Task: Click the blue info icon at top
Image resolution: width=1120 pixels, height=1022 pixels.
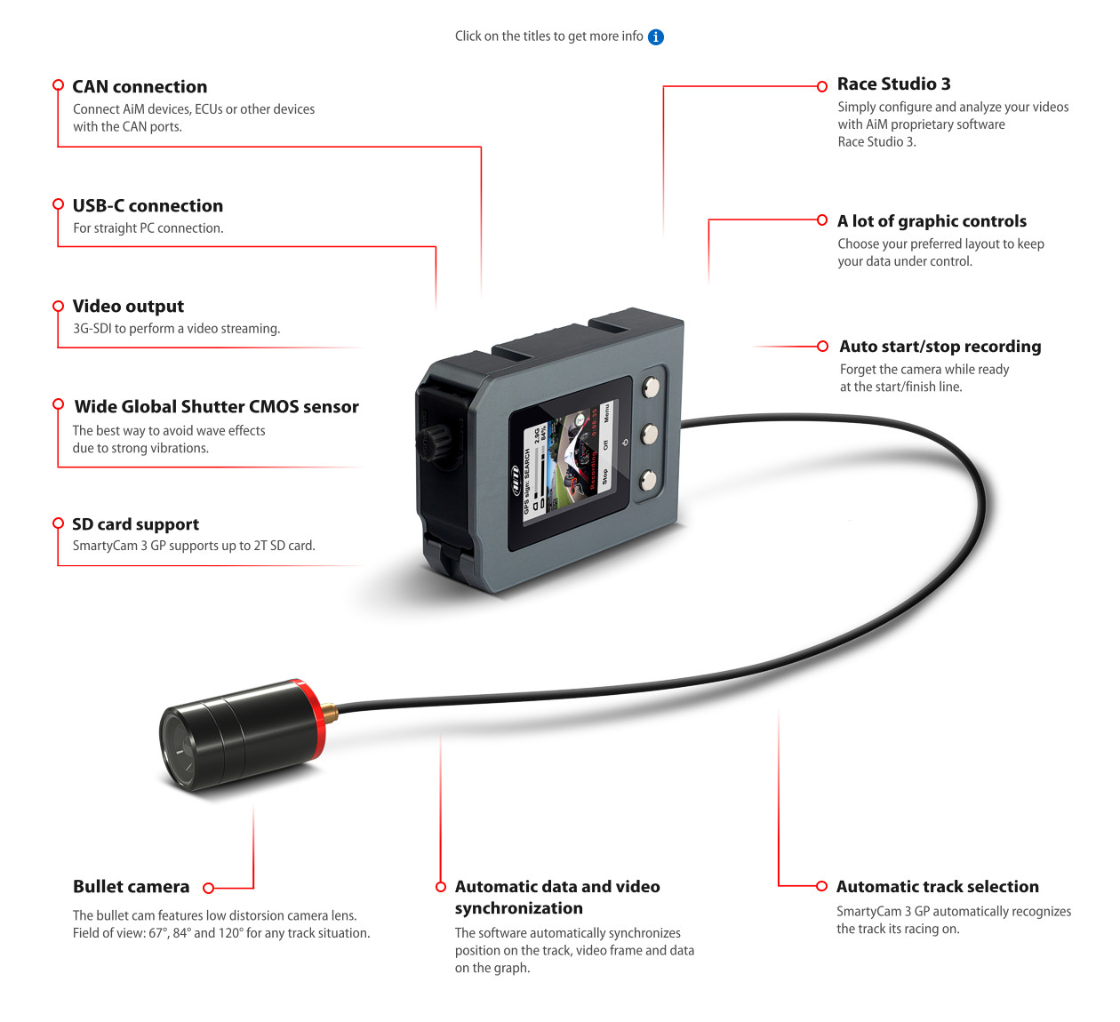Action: [x=656, y=36]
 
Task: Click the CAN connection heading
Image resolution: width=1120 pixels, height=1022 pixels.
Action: [x=140, y=86]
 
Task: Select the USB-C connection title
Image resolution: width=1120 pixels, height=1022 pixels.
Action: [x=148, y=205]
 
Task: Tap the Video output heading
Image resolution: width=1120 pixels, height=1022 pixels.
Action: [x=128, y=306]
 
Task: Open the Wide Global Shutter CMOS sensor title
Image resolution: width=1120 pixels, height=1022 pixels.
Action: [x=216, y=406]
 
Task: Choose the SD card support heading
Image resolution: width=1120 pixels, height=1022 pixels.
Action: [x=135, y=523]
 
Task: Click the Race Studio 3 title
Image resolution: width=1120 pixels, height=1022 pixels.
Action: [x=893, y=84]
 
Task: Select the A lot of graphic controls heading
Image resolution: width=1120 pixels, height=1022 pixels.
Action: [x=932, y=220]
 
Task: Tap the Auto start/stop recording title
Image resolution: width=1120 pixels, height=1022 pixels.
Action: [x=940, y=346]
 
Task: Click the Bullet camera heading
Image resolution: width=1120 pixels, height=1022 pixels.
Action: [x=131, y=886]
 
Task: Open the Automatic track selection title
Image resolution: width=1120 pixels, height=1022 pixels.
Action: [x=937, y=886]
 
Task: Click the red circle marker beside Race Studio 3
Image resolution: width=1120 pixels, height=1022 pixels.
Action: [x=822, y=86]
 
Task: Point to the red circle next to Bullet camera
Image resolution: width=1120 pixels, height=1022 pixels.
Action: [x=209, y=888]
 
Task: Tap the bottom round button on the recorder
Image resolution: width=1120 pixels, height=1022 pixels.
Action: [x=648, y=481]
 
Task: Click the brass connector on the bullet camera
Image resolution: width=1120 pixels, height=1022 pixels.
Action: [x=330, y=711]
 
